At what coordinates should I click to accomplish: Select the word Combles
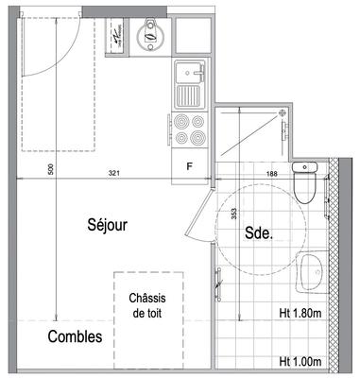click(x=76, y=335)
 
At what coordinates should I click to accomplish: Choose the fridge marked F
click(x=189, y=167)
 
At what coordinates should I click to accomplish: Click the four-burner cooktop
click(x=189, y=129)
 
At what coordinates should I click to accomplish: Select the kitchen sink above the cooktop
click(x=189, y=83)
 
